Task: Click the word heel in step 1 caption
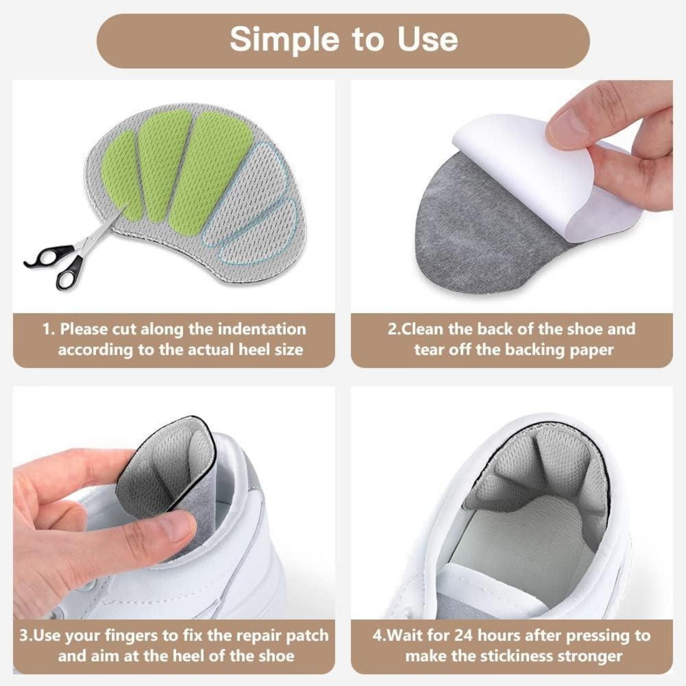pos(255,350)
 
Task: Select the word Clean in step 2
pos(423,329)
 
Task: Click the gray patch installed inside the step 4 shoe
pos(535,471)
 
